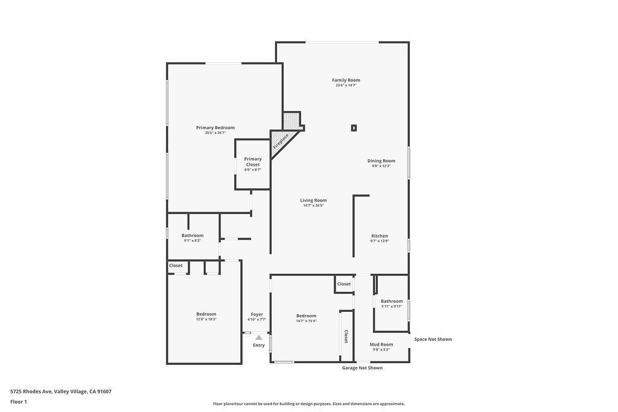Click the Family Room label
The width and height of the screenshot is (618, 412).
[x=346, y=80]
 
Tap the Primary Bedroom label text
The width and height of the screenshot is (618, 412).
[x=215, y=128]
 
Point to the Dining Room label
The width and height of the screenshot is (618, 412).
[x=381, y=161]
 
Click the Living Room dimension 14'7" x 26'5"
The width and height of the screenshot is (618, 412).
[x=313, y=206]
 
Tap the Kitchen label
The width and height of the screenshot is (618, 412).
[x=379, y=236]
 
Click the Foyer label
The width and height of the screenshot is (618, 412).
[x=256, y=314]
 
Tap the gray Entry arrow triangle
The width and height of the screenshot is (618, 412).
[x=258, y=338]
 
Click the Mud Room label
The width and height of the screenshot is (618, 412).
[x=381, y=344]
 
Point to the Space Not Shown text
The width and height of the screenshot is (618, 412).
[x=432, y=340]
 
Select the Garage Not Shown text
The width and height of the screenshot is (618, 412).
[x=362, y=368]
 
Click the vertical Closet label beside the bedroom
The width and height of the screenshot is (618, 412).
[x=346, y=336]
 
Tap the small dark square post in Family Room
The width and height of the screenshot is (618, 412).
[x=354, y=127]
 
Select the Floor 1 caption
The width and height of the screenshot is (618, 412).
[x=19, y=402]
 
